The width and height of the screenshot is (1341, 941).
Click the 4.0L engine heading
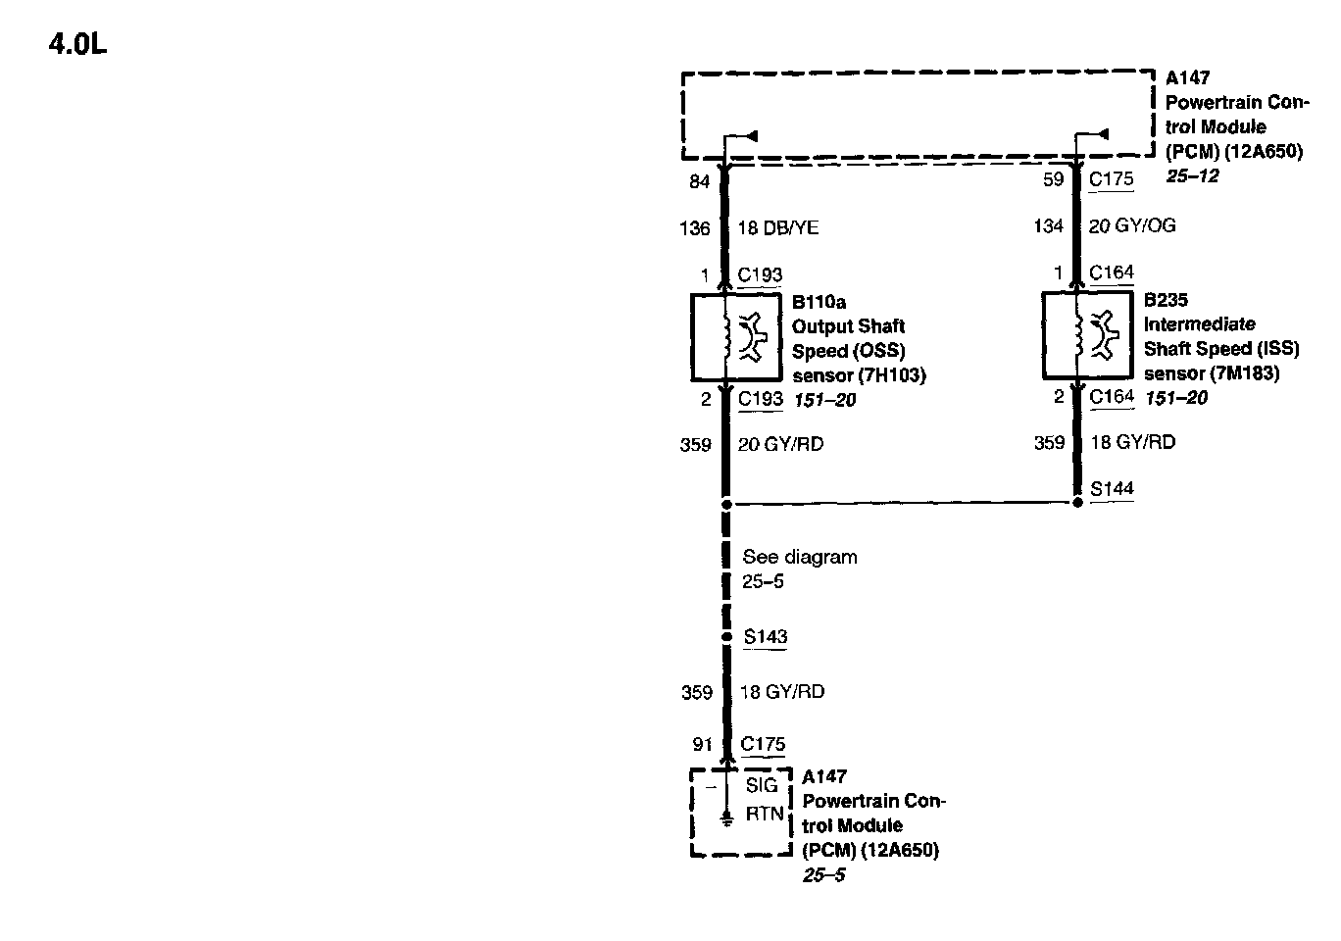pos(77,45)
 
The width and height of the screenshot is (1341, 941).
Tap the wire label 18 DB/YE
pos(777,228)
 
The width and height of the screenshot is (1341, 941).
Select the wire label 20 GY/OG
pos(1132,226)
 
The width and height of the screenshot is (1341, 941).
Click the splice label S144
pos(1112,488)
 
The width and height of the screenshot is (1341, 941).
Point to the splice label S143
pos(765,637)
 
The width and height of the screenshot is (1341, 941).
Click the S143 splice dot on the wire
pos(726,637)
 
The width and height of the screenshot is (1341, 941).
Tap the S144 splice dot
pos(1077,503)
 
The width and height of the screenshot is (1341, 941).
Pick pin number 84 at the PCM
pos(699,181)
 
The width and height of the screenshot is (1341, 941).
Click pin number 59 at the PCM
pos(1053,179)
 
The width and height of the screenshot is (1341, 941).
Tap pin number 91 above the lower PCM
pos(702,745)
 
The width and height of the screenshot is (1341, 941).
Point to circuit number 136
pos(694,228)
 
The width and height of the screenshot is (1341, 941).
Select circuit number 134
pos(1048,226)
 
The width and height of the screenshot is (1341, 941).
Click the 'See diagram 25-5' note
pos(799,569)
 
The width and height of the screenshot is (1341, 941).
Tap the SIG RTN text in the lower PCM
pos(763,799)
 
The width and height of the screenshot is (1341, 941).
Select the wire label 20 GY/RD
pos(780,445)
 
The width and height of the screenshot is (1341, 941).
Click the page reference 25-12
pos(1192,176)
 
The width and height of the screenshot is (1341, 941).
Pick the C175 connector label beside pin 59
pos(1112,179)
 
